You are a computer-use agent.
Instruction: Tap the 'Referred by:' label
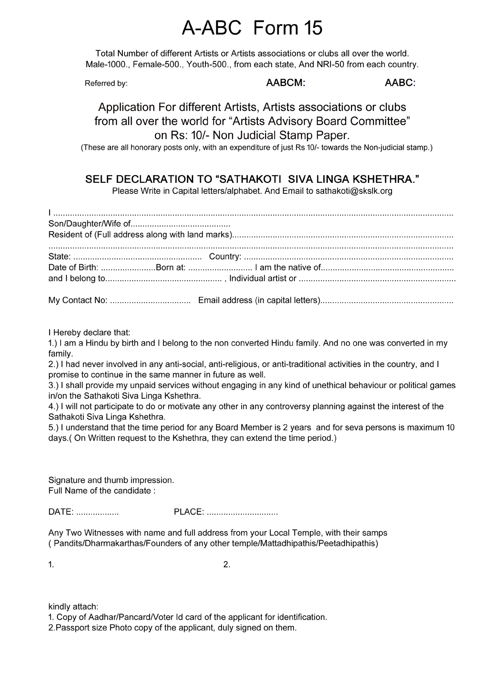[x=106, y=83]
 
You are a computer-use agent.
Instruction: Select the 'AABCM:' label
[x=285, y=83]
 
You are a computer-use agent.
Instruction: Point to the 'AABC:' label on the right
[x=400, y=83]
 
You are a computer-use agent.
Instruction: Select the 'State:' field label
[x=59, y=257]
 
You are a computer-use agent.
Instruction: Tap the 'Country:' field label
[x=225, y=257]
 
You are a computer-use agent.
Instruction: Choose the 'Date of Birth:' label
[x=73, y=268]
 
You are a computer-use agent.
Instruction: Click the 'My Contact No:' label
[x=78, y=301]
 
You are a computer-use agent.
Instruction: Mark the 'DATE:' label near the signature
[x=61, y=512]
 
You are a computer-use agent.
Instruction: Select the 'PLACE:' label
[x=189, y=512]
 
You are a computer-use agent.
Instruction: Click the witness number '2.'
[x=227, y=565]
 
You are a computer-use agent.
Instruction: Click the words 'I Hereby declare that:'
[x=89, y=332]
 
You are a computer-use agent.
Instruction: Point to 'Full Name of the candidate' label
[x=102, y=491]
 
